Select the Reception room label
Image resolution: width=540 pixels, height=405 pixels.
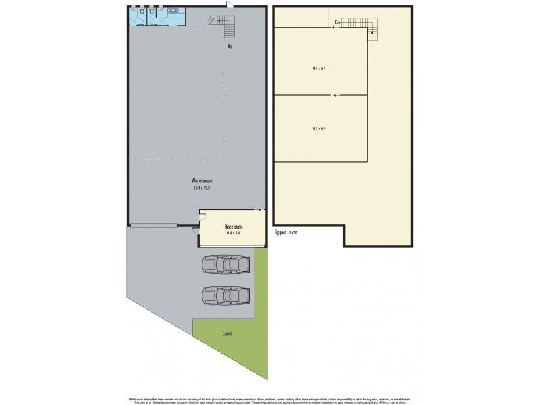(x=233, y=227)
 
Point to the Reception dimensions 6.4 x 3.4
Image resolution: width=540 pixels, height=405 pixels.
(x=233, y=234)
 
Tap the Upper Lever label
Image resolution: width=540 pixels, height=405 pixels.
(x=286, y=232)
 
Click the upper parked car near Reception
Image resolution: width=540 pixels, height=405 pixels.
(x=226, y=265)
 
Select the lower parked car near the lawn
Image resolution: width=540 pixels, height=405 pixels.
(x=226, y=295)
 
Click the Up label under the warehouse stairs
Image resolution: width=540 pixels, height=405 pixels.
(x=230, y=47)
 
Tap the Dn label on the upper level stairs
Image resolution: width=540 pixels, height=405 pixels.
(x=336, y=23)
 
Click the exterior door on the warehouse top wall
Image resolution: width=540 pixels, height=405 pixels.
(x=232, y=7)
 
